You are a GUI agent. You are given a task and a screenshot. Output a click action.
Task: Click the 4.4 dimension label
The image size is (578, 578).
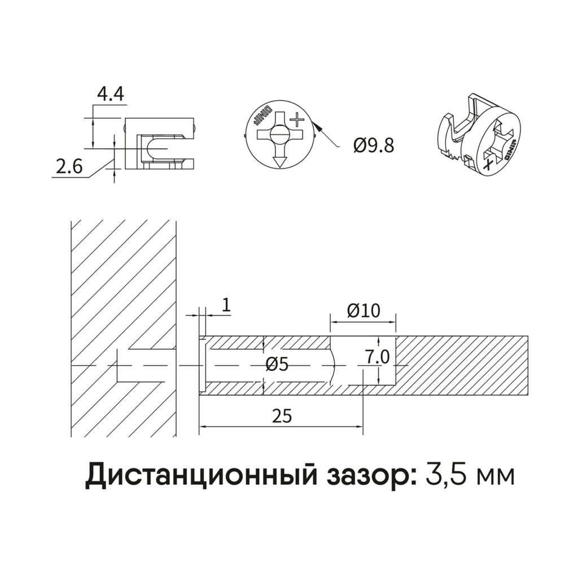click(110, 94)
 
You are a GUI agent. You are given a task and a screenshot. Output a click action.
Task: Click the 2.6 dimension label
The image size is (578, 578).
click(69, 167)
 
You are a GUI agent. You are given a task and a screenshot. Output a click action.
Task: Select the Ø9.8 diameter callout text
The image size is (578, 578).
click(374, 146)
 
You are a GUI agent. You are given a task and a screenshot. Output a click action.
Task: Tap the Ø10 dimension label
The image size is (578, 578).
click(364, 311)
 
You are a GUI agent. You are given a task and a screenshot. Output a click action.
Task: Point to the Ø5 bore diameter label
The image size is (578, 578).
click(277, 365)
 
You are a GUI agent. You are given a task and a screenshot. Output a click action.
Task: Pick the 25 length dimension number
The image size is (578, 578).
click(282, 416)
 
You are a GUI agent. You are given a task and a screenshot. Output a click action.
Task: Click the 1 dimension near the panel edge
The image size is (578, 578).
click(227, 305)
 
